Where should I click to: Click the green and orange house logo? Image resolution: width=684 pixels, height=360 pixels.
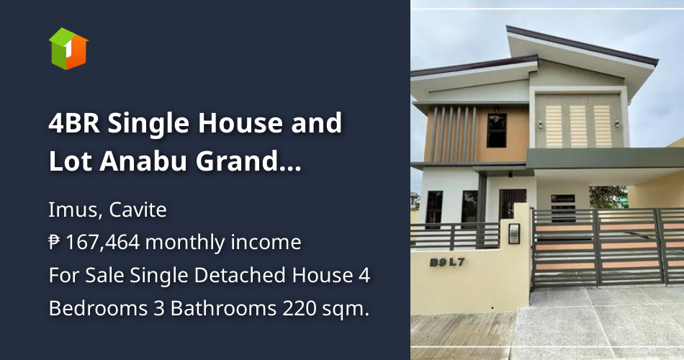[x=68, y=48]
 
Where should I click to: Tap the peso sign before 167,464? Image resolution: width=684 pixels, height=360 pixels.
[x=55, y=243]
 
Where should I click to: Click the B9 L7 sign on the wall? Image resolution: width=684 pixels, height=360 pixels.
[x=449, y=263]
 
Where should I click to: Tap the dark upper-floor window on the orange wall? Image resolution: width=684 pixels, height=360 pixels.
[x=497, y=130]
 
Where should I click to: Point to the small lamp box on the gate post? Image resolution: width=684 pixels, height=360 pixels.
[x=514, y=233]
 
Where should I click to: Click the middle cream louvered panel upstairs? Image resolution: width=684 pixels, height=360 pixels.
[x=578, y=125]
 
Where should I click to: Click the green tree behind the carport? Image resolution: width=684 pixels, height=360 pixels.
[x=608, y=197]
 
